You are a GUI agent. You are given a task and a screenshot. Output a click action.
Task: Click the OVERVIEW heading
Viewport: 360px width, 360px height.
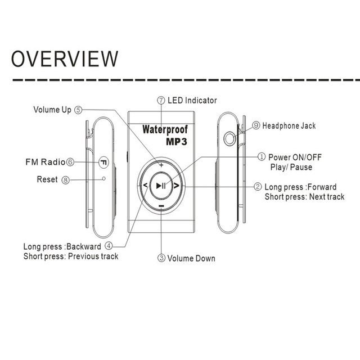click(65, 58)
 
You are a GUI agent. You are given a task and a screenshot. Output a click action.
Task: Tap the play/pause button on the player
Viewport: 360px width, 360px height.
click(161, 185)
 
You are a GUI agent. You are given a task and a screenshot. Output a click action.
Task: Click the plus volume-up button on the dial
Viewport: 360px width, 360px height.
click(161, 165)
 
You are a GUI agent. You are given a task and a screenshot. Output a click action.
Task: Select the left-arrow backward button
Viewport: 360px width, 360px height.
click(144, 185)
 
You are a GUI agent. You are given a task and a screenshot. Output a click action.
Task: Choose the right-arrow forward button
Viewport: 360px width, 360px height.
click(177, 185)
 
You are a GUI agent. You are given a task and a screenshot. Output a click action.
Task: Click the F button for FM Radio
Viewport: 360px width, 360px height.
click(103, 162)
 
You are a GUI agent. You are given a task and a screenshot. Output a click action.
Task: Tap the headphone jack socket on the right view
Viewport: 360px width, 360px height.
click(229, 138)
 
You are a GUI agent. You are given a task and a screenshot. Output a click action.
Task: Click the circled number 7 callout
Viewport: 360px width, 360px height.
click(161, 101)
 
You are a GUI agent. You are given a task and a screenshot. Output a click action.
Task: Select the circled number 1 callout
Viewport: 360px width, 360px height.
click(262, 157)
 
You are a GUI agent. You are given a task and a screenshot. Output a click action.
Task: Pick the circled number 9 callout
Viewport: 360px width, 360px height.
click(256, 126)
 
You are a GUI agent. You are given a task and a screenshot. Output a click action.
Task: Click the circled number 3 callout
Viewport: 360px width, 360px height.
click(161, 259)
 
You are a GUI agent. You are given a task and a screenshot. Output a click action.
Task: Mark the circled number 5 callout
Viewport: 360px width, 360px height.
click(78, 110)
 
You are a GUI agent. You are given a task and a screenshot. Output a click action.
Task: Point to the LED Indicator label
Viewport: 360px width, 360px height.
click(192, 101)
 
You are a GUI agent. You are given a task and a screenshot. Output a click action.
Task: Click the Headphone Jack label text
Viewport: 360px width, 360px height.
click(289, 126)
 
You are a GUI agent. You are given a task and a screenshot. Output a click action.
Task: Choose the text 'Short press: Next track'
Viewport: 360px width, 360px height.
click(304, 197)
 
